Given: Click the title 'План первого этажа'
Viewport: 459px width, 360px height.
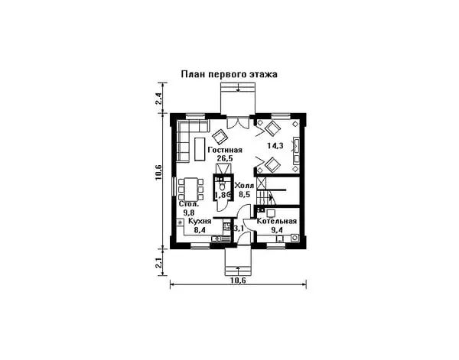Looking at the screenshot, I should tap(229, 75).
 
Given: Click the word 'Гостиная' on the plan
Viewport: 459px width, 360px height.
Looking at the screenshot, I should tap(225, 150).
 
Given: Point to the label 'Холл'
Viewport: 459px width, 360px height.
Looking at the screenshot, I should tap(245, 186).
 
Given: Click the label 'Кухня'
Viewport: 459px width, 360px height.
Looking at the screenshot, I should tap(189, 221).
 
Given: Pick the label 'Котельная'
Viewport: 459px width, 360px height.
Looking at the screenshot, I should tap(276, 221).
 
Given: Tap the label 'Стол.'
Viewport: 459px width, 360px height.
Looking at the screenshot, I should tap(190, 204).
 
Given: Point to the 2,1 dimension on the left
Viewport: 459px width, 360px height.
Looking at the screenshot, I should tap(158, 263).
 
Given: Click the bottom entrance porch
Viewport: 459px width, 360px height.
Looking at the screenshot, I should tap(239, 261).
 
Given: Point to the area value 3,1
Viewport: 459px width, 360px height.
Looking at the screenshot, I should tap(238, 228).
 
